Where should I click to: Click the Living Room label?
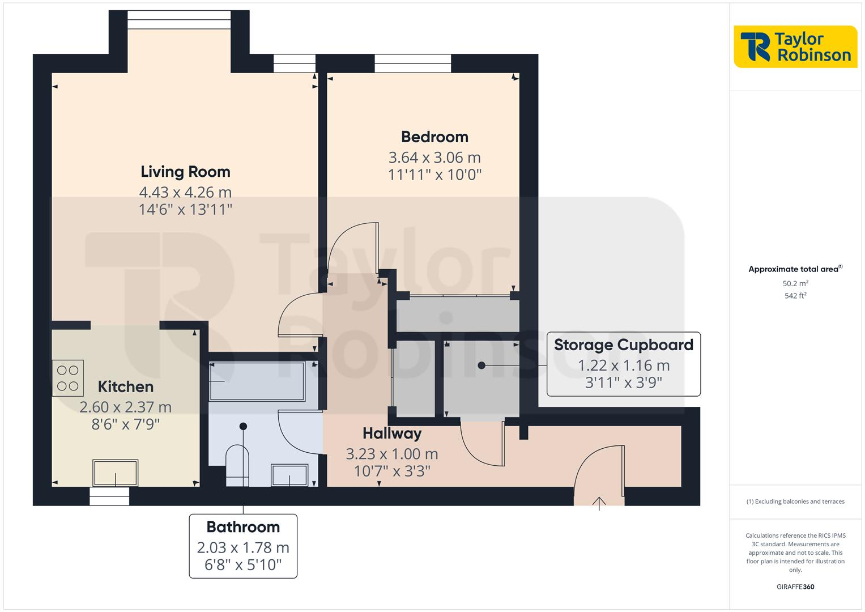pyautogui.click(x=185, y=171)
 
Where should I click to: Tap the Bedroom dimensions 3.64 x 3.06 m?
pyautogui.click(x=434, y=157)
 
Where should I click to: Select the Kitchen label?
pyautogui.click(x=125, y=386)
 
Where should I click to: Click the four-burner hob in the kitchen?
pyautogui.click(x=68, y=378)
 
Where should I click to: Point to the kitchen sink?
pyautogui.click(x=116, y=473)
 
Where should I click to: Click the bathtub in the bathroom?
pyautogui.click(x=257, y=381)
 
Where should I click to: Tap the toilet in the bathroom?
pyautogui.click(x=237, y=466)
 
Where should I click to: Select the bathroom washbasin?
pyautogui.click(x=289, y=475)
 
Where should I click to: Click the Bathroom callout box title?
pyautogui.click(x=243, y=527)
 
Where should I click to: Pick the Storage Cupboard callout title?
pyautogui.click(x=623, y=345)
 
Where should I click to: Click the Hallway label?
pyautogui.click(x=392, y=433)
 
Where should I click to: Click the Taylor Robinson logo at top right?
pyautogui.click(x=795, y=47)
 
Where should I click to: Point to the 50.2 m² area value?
pyautogui.click(x=795, y=283)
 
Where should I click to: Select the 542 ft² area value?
pyautogui.click(x=795, y=296)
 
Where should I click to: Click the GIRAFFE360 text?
pyautogui.click(x=795, y=587)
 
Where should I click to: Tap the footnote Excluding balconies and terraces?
pyautogui.click(x=795, y=501)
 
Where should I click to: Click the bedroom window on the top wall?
pyautogui.click(x=413, y=63)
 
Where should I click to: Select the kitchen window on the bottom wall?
pyautogui.click(x=109, y=496)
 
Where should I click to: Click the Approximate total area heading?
pyautogui.click(x=795, y=269)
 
